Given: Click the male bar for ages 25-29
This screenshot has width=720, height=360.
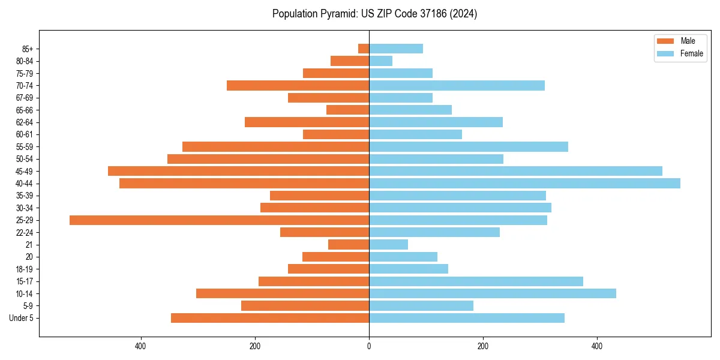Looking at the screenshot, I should click(219, 220).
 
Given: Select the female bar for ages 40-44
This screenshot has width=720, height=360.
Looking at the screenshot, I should click(524, 184).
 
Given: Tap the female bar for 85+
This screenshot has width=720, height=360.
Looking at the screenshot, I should click(396, 49).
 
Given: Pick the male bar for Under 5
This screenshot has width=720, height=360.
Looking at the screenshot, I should click(270, 318).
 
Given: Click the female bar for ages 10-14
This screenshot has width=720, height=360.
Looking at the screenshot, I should click(493, 293).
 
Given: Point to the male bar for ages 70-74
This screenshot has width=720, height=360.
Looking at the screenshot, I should click(298, 86).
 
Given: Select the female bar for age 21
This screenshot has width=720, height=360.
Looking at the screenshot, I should click(388, 245).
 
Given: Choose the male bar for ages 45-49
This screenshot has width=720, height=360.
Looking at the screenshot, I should click(238, 171).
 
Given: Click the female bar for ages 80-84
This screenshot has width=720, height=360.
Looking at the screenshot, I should click(380, 61).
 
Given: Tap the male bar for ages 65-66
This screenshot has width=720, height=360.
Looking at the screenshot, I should click(347, 110).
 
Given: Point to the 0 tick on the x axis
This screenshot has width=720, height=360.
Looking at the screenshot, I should click(369, 346).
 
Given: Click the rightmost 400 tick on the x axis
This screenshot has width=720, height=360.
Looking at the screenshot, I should click(597, 346).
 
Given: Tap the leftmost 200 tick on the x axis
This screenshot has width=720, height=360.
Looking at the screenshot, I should click(255, 346).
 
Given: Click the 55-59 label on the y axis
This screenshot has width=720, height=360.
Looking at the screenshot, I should click(25, 147).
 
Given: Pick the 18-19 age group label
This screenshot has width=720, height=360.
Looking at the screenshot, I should click(25, 269).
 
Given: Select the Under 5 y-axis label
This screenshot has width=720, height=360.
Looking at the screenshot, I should click(22, 318).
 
